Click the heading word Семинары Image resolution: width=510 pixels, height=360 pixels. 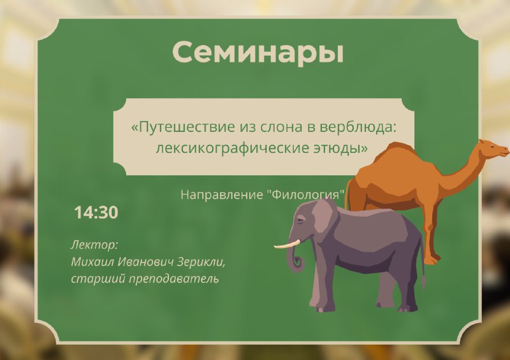(x=258, y=53)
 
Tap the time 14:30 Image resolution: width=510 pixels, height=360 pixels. (x=96, y=213)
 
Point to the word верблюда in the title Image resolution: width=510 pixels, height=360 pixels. (x=358, y=127)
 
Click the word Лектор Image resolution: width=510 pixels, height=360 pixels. (x=94, y=245)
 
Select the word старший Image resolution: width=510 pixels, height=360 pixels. (x=98, y=279)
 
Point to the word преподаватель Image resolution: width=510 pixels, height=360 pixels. (x=173, y=279)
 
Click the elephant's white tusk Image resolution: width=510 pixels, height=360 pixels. (x=287, y=245)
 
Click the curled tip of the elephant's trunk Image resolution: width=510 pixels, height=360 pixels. (x=298, y=263)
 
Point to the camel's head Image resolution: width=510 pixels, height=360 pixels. (x=493, y=149)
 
